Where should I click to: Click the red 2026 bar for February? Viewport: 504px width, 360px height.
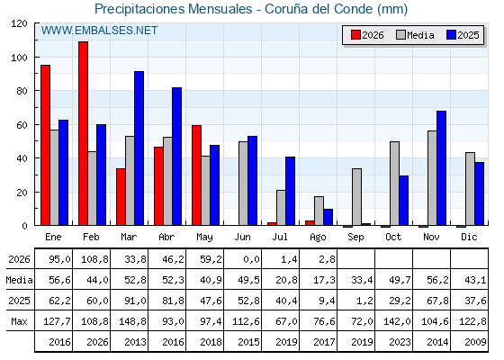click(83, 133)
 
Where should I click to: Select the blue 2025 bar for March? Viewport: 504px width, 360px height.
click(139, 148)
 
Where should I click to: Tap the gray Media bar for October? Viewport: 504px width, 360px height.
click(394, 184)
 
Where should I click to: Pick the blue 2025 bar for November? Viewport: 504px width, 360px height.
click(441, 168)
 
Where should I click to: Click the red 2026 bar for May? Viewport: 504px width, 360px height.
click(197, 175)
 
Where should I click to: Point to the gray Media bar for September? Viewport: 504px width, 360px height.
click(356, 197)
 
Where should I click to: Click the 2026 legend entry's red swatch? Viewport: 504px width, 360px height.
click(355, 35)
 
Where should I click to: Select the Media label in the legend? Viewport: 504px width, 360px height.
click(420, 35)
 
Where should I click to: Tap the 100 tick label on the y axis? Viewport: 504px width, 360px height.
click(19, 58)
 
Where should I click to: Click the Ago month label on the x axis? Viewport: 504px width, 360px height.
click(318, 238)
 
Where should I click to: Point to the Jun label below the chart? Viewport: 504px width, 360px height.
click(242, 237)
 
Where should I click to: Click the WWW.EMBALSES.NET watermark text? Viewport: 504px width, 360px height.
click(99, 31)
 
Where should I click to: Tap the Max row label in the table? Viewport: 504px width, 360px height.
click(19, 321)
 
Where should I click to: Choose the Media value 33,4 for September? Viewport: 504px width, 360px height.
click(362, 280)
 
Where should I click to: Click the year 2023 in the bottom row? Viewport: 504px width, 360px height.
click(400, 342)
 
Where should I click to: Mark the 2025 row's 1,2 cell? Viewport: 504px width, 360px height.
click(364, 301)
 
